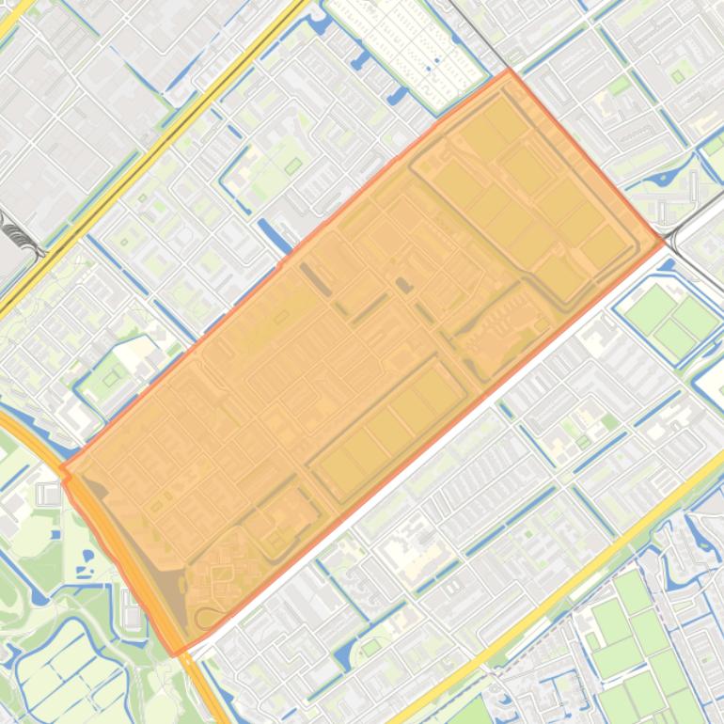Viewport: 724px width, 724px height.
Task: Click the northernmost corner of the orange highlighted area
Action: (509, 70)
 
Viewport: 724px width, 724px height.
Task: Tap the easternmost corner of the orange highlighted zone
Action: (664, 242)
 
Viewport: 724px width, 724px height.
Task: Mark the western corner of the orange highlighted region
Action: (62, 467)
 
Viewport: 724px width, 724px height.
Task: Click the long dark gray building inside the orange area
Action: (310, 278)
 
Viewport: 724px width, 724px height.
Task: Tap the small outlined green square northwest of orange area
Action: (293, 165)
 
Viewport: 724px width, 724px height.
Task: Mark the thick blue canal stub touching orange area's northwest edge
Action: (273, 235)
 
